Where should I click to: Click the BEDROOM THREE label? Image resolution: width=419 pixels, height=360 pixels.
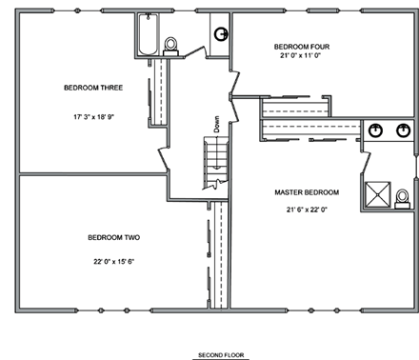tap(93, 88)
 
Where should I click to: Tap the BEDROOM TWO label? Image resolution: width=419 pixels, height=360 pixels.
tap(113, 237)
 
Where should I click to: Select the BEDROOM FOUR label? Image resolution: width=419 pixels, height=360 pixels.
tap(303, 46)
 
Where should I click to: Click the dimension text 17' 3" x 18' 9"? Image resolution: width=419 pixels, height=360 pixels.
tap(93, 117)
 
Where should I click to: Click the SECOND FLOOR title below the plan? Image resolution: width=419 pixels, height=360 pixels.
tap(221, 355)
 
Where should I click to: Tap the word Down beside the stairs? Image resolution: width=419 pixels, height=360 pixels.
tap(217, 123)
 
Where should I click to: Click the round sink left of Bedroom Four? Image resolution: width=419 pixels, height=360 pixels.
tap(220, 34)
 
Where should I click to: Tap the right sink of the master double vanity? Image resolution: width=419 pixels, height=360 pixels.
tap(403, 130)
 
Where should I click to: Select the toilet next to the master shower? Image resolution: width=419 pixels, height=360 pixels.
tap(402, 196)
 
